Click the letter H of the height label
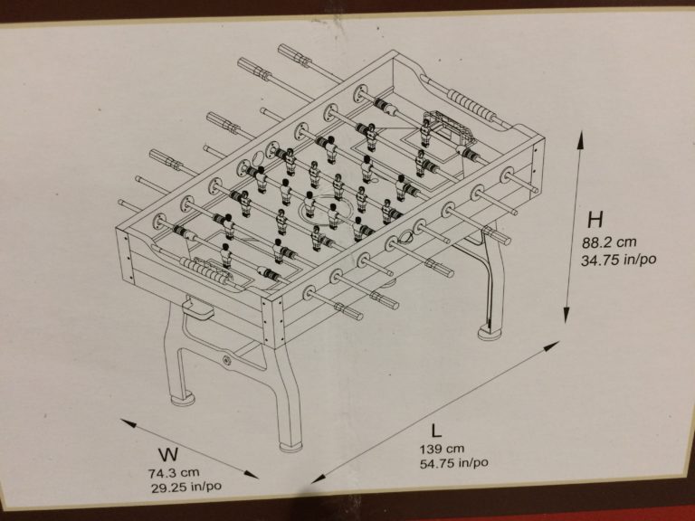[595, 220]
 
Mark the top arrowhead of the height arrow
[580, 137]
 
